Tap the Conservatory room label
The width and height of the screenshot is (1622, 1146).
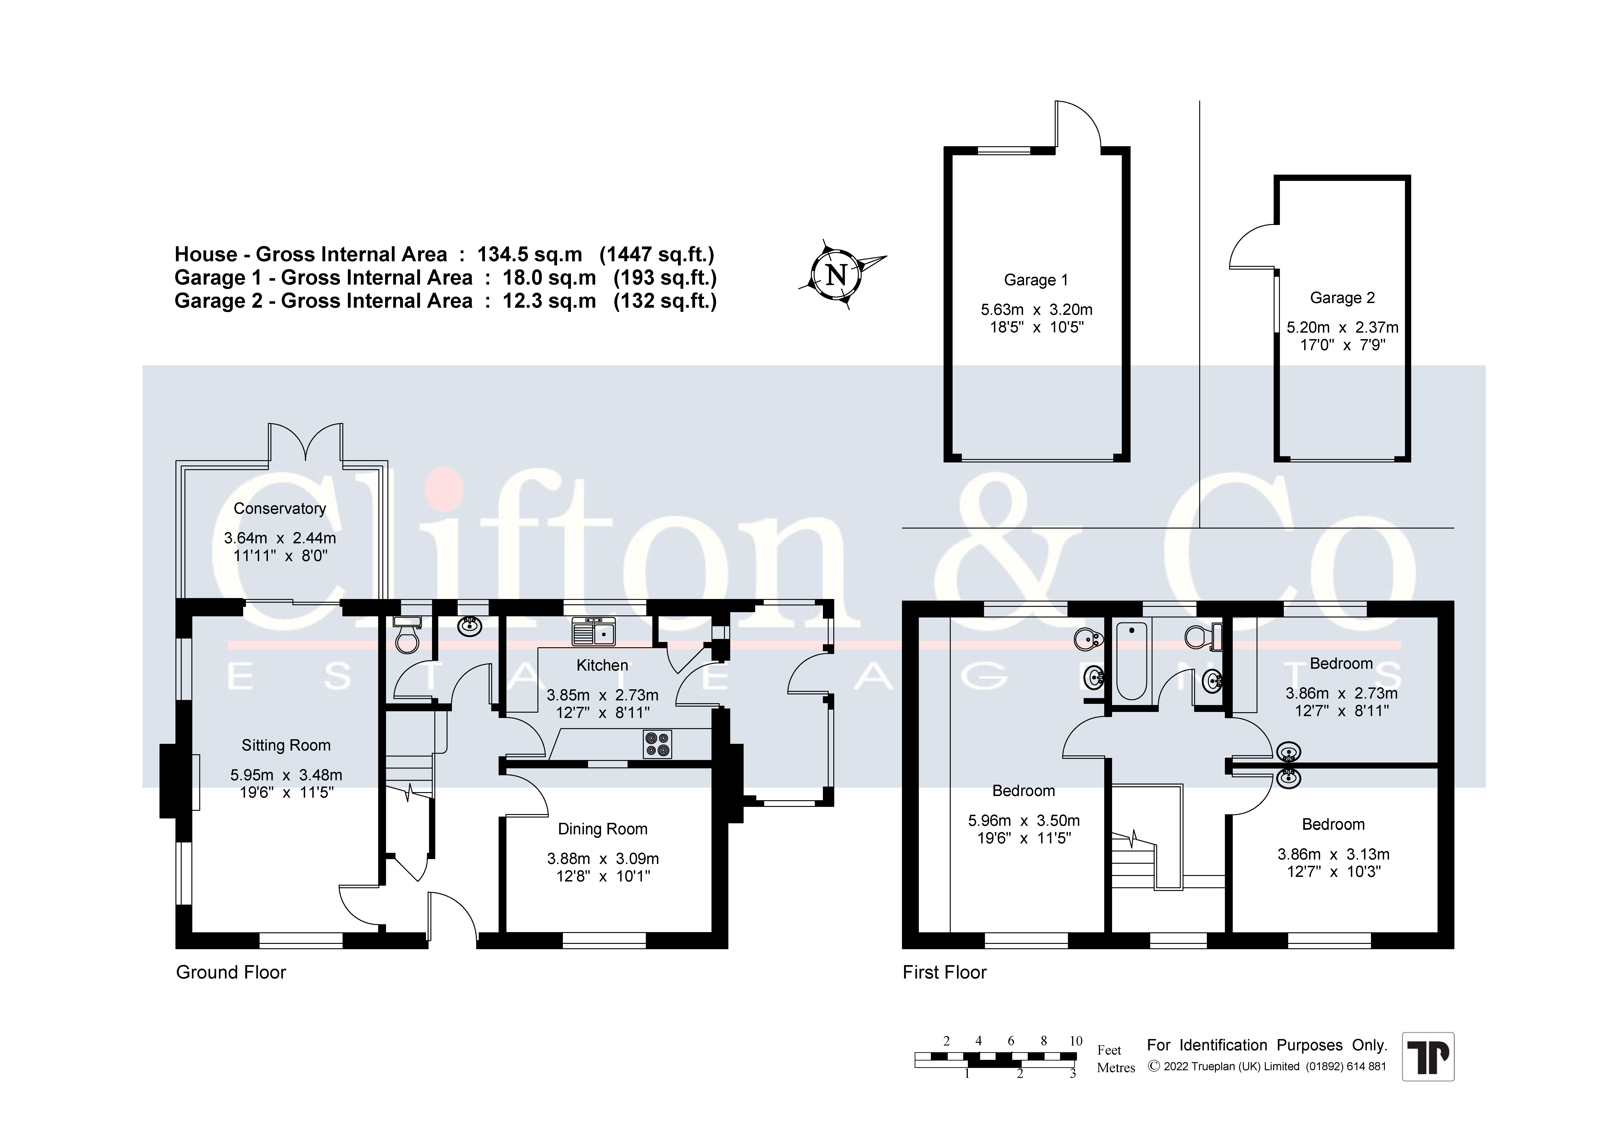click(x=280, y=508)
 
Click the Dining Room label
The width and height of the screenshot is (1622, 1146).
click(x=603, y=829)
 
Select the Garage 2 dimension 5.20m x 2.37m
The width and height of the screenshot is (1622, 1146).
click(x=1342, y=328)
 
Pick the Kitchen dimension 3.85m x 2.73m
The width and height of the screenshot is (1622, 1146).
click(x=603, y=696)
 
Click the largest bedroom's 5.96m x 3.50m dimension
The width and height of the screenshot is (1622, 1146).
click(x=1024, y=821)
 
